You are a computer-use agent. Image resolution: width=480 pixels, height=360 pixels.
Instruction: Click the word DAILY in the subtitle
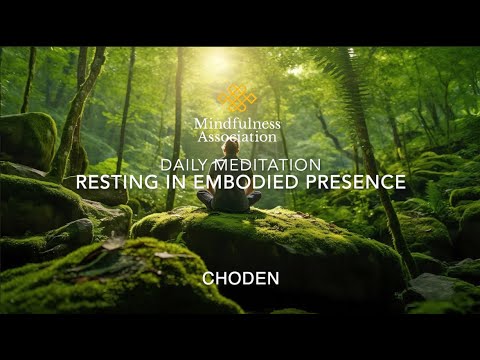tap(184, 163)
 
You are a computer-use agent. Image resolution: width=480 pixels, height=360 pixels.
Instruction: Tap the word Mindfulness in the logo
tap(238, 123)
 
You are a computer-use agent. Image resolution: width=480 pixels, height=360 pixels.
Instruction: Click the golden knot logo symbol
tap(238, 99)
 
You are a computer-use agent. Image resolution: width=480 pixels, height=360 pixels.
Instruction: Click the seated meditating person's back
tap(229, 197)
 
